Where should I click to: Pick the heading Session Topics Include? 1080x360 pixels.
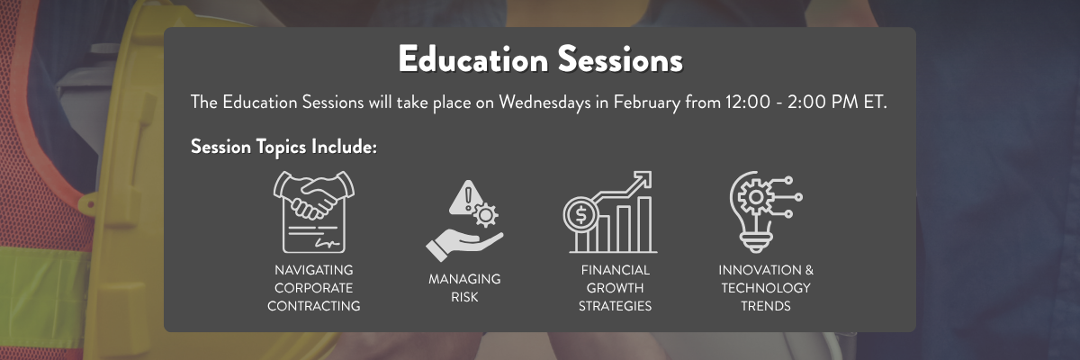(283, 147)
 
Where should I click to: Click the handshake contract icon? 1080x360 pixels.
(313, 211)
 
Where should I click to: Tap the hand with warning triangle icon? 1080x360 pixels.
(463, 220)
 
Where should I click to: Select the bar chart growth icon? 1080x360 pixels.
(609, 213)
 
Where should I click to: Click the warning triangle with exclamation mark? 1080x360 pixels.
(466, 193)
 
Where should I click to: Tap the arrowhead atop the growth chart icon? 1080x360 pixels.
(643, 178)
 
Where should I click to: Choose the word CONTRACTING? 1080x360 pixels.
(314, 306)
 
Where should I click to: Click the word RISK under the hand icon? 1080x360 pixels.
(464, 297)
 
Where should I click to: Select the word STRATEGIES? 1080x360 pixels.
(616, 306)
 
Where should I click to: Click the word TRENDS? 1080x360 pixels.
(765, 306)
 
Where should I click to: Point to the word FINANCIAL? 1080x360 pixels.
(616, 270)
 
